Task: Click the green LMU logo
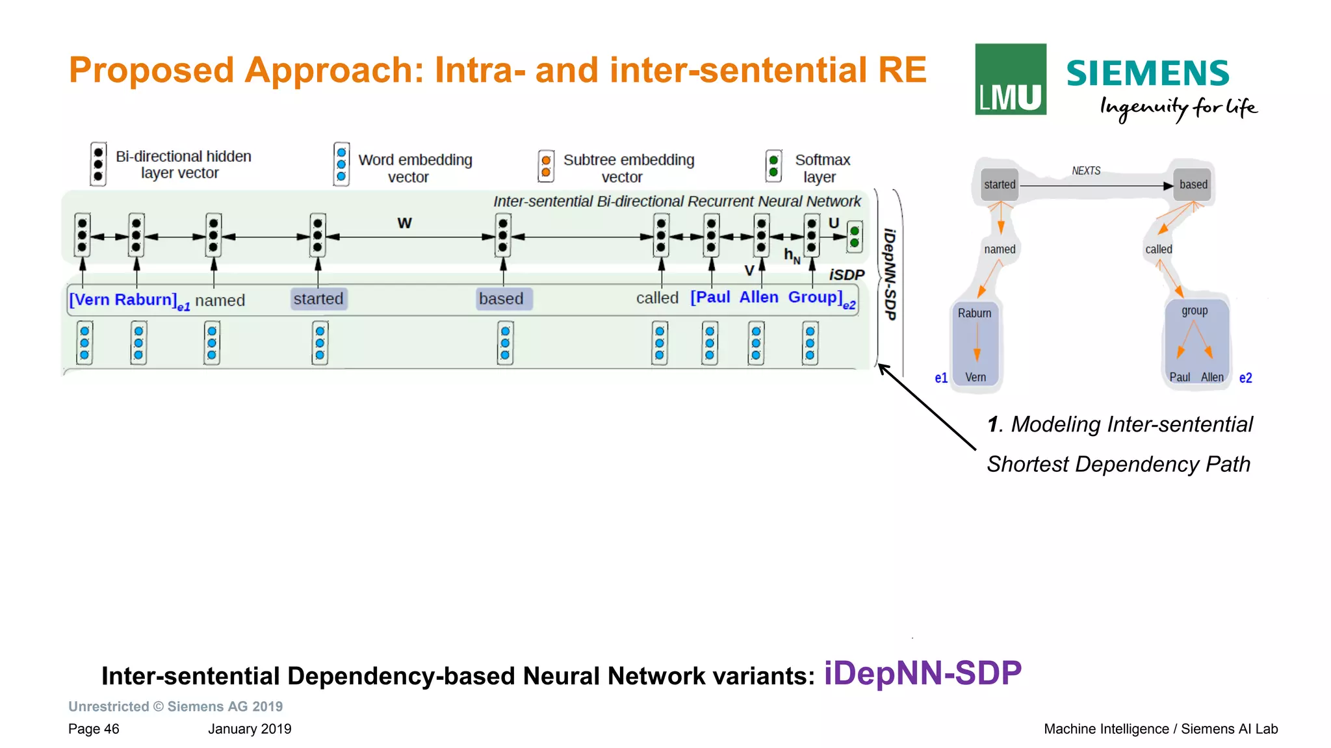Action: point(1010,79)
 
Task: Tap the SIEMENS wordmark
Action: point(1148,73)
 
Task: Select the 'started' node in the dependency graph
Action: point(999,185)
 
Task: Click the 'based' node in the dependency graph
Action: point(1193,185)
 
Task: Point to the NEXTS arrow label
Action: point(1086,171)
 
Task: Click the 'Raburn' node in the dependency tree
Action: point(974,313)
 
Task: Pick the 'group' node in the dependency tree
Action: point(1195,311)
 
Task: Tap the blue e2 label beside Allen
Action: point(1245,378)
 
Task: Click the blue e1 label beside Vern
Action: point(940,378)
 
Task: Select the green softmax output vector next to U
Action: point(855,237)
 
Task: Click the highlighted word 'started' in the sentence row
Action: point(318,299)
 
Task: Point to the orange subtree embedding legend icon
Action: point(546,166)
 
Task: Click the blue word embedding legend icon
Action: point(341,164)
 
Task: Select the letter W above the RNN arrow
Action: point(404,223)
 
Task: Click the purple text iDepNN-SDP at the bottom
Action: point(922,673)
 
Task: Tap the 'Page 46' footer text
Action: point(94,729)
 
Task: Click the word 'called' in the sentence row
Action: point(656,298)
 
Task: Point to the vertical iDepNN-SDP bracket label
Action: point(890,274)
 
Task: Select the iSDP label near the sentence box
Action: point(846,275)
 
